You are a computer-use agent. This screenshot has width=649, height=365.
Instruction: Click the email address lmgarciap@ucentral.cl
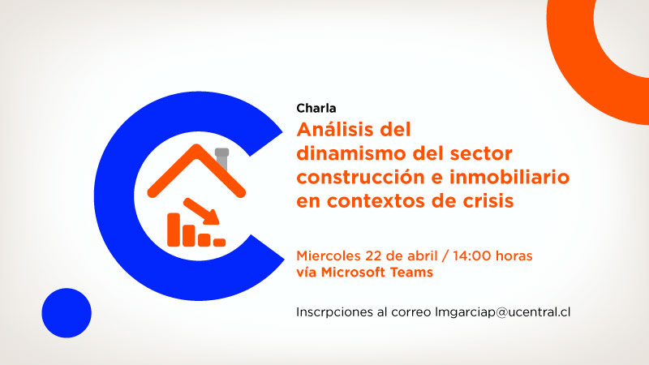(504, 312)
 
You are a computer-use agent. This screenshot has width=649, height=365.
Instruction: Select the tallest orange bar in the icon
(173, 228)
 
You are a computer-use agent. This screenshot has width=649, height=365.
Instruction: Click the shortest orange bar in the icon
(219, 241)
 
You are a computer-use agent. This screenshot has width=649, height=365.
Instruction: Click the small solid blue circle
(67, 312)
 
